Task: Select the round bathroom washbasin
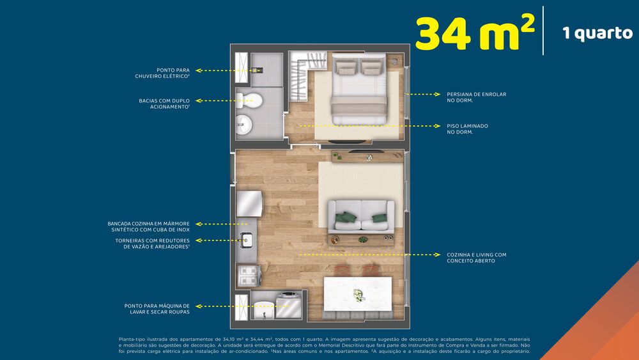tap(244, 125)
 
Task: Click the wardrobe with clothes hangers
tap(296, 80)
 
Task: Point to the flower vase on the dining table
tap(359, 295)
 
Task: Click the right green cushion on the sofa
tap(379, 219)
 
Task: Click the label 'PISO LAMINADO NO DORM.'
tap(467, 129)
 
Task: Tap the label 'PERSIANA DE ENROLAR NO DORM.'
tap(476, 97)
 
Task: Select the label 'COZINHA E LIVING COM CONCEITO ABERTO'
tap(476, 258)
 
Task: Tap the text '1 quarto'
tap(597, 33)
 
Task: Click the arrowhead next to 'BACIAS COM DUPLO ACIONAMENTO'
tap(198, 100)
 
